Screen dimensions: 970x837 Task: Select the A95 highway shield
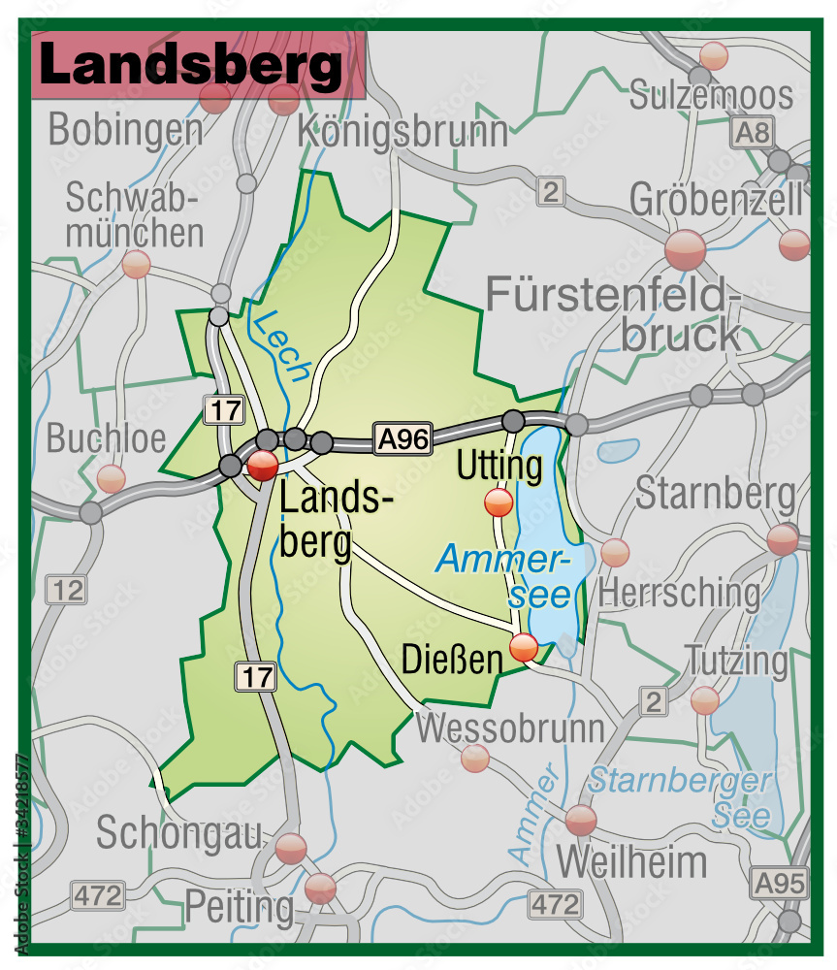[x=780, y=882]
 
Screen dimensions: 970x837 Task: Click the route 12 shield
[x=68, y=589]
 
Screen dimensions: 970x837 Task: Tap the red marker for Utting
[x=499, y=502]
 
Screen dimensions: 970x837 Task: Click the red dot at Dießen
[x=524, y=647]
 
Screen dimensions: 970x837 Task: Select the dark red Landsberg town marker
[x=262, y=467]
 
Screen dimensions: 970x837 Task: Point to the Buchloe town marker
[x=112, y=478]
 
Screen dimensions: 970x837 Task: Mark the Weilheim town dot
[x=581, y=820]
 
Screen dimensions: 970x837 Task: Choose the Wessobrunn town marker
[x=475, y=759]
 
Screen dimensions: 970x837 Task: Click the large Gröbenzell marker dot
[x=686, y=249]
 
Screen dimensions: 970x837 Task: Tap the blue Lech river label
[x=285, y=344]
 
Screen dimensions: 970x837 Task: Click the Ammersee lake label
[x=503, y=576]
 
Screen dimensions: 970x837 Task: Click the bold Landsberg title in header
[x=191, y=66]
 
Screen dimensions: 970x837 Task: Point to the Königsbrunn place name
[x=402, y=130]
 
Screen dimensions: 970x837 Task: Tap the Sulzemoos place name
[x=711, y=95]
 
